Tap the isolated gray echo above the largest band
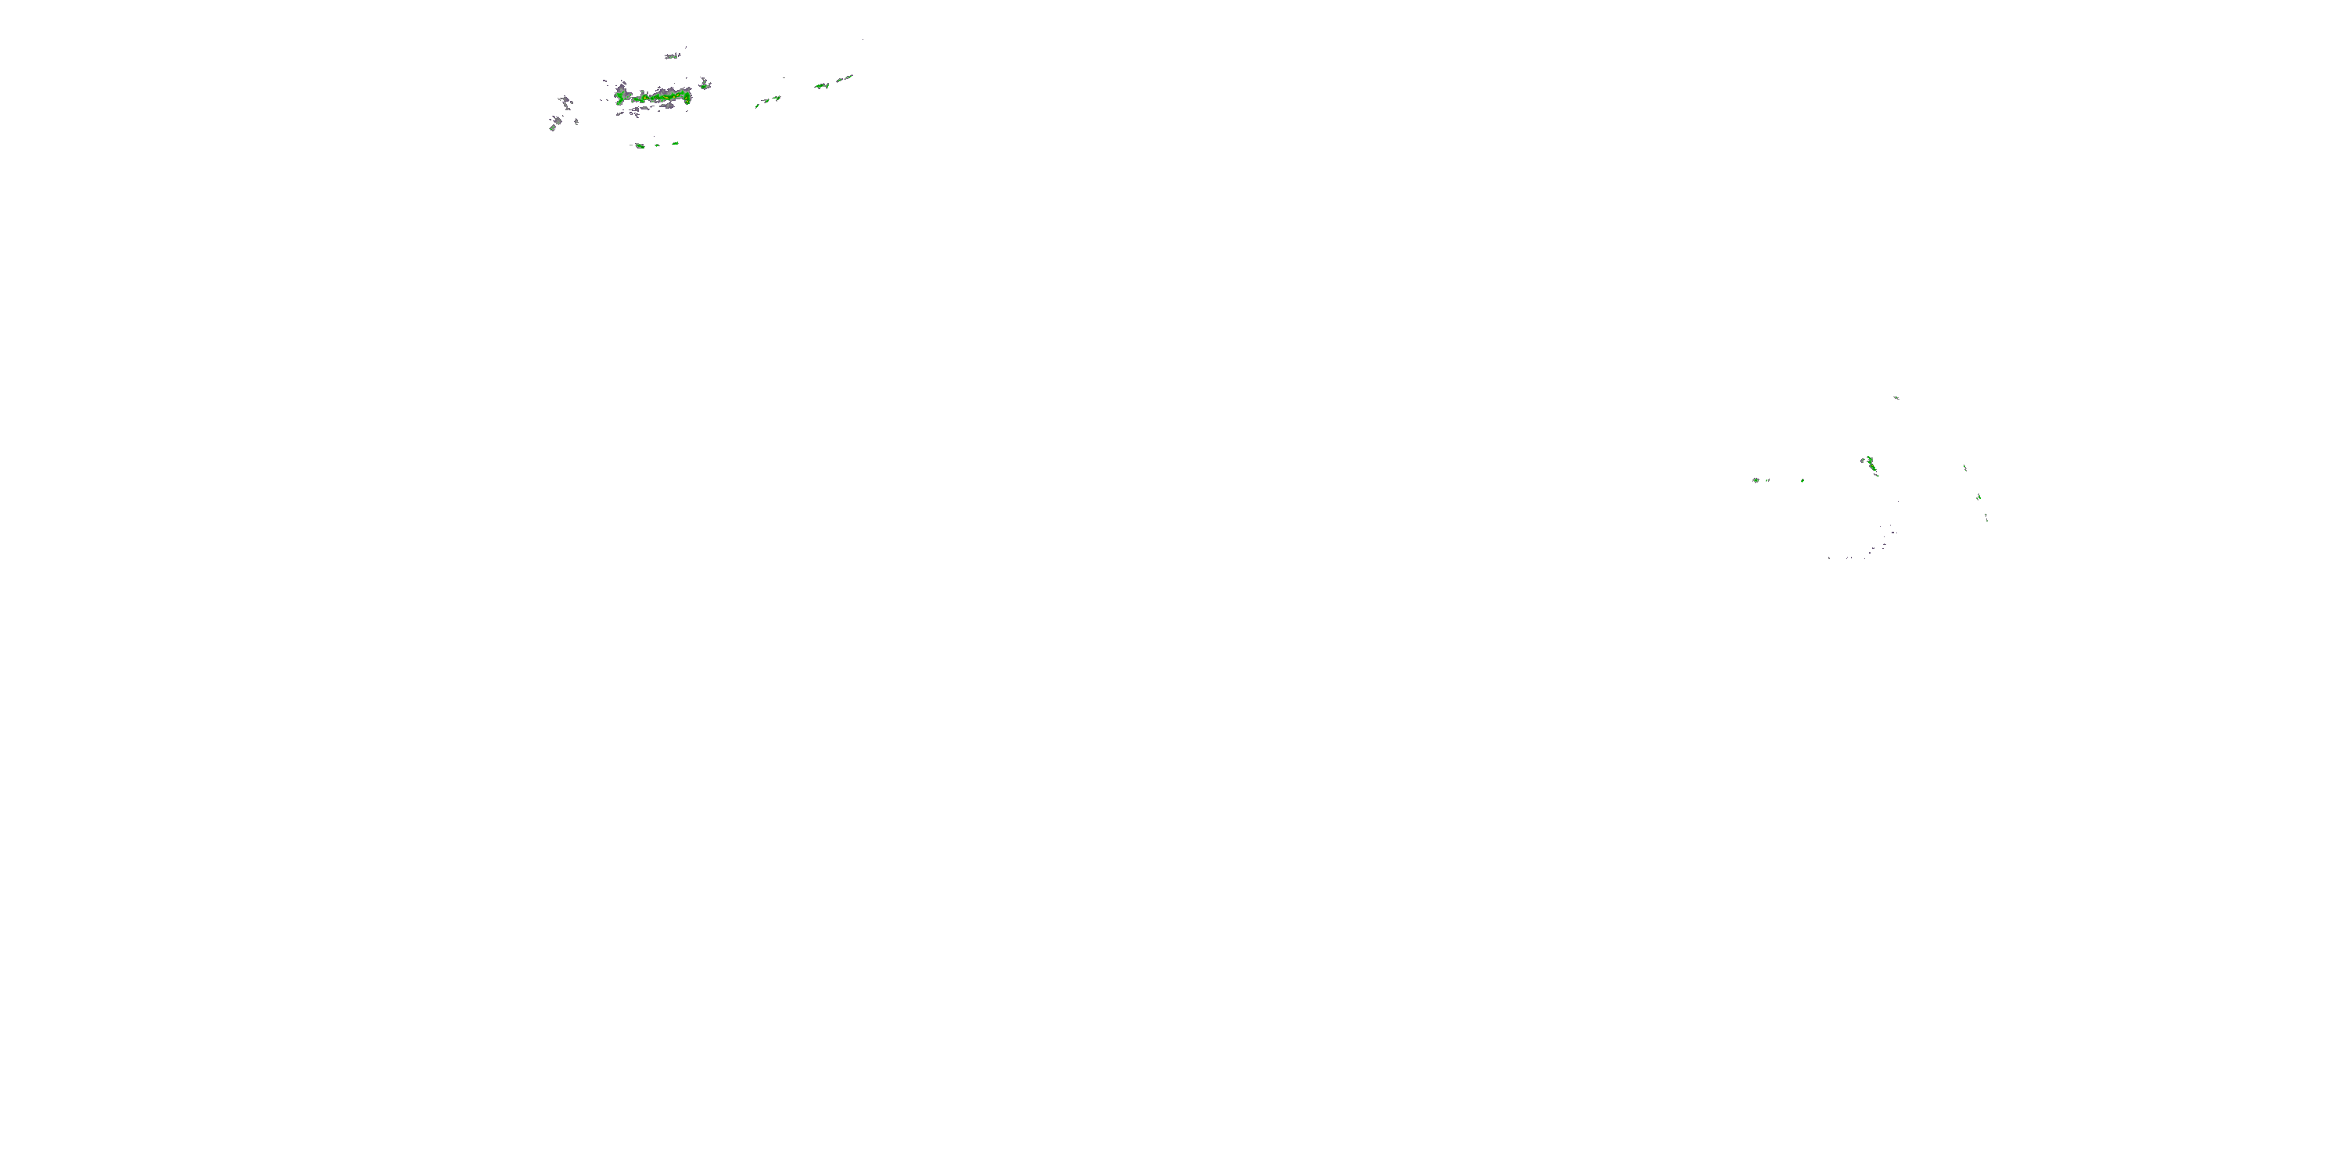[672, 56]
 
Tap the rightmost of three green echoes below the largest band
[675, 143]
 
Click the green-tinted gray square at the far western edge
[552, 127]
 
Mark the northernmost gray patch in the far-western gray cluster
[565, 99]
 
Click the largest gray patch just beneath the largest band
[669, 106]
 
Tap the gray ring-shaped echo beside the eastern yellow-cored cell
[1864, 460]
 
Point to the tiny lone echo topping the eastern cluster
[1896, 397]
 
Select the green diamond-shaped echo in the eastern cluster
[1803, 480]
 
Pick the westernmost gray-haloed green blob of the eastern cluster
[1755, 480]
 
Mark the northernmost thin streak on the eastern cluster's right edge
[1965, 468]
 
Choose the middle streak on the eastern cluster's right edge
[1979, 497]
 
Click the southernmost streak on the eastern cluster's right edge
[1986, 517]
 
